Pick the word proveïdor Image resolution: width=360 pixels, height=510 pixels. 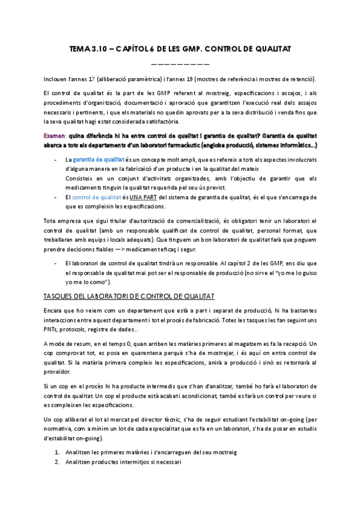pos(56,372)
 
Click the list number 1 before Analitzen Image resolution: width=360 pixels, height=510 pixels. pos(56,451)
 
